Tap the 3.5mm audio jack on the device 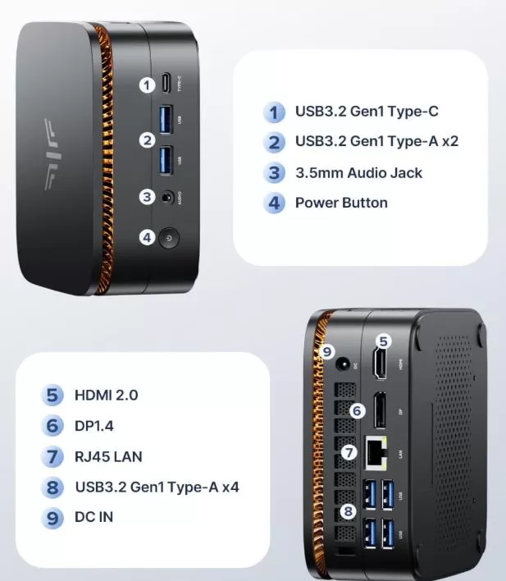pos(169,197)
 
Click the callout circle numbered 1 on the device pos(147,85)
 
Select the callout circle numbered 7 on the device pos(350,452)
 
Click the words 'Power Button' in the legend pos(341,203)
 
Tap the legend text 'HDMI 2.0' pos(106,395)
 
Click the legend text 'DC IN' pos(93,517)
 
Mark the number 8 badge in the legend pos(52,487)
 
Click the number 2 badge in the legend pos(274,142)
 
